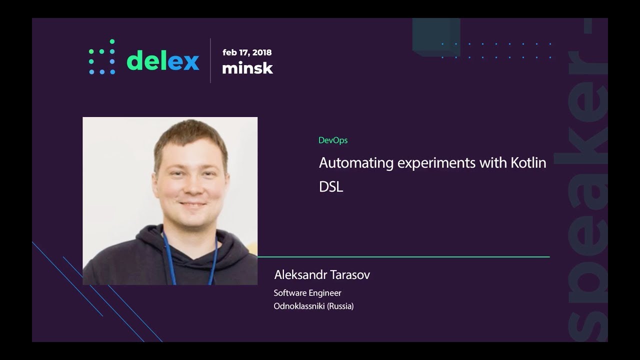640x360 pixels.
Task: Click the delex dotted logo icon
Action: pyautogui.click(x=102, y=56)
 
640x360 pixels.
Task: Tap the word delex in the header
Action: pyautogui.click(x=163, y=60)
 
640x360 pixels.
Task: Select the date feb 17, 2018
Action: pyautogui.click(x=247, y=52)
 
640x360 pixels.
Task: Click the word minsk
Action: pyautogui.click(x=247, y=68)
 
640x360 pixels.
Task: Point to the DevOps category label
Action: pyautogui.click(x=333, y=140)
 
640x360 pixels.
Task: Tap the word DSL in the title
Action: pyautogui.click(x=331, y=187)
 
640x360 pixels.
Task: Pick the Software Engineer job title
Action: pyautogui.click(x=307, y=293)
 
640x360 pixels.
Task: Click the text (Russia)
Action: pyautogui.click(x=340, y=306)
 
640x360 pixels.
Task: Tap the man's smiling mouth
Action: pyautogui.click(x=192, y=204)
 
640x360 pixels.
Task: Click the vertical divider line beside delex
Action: pyautogui.click(x=210, y=60)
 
